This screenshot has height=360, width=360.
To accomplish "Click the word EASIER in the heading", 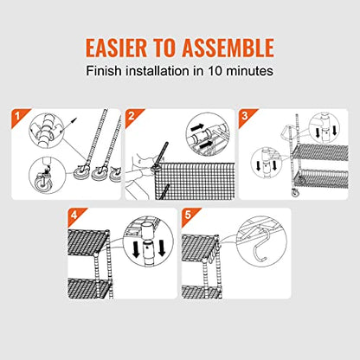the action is click(x=116, y=48).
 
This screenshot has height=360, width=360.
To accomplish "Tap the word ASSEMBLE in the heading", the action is click(x=228, y=48).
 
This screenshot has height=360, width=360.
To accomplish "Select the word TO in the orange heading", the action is click(x=164, y=48).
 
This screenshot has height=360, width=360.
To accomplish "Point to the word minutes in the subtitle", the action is click(x=249, y=71).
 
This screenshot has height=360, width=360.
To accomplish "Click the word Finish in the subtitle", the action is click(x=104, y=71).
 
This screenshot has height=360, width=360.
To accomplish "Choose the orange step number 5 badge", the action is click(x=189, y=215).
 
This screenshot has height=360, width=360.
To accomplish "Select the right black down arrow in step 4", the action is click(x=161, y=248).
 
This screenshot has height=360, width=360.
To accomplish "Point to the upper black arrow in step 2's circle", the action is click(x=197, y=126).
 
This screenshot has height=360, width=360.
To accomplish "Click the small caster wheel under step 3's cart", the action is click(x=294, y=193).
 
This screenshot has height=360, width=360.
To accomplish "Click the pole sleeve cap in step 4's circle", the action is click(x=149, y=231).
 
